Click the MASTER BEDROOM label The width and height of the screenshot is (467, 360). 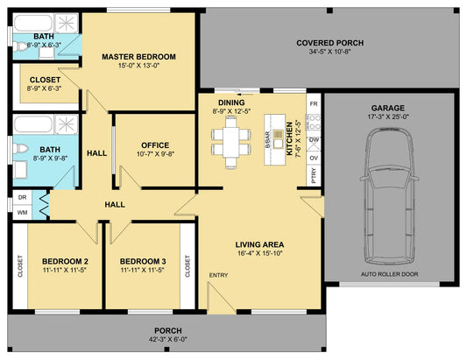point(138,57)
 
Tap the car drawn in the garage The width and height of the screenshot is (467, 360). point(389,196)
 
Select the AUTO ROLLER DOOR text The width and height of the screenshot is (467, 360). point(389,274)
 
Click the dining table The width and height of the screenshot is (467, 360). point(230,142)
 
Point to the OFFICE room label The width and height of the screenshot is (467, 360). point(155,145)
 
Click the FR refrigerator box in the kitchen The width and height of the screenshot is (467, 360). point(314,104)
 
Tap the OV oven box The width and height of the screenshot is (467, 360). point(314,158)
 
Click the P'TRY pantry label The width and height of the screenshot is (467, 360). point(314,175)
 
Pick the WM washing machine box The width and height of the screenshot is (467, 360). point(22,212)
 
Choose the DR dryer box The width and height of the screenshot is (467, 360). point(22,197)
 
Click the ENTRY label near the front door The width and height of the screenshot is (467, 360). point(219,275)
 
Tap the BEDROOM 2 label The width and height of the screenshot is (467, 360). point(65,261)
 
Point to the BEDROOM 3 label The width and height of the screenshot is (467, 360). point(143,261)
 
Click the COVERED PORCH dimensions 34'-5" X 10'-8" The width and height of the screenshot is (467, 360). point(329,52)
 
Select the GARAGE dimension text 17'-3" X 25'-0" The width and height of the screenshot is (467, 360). point(388,116)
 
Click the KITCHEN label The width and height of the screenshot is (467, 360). point(289,138)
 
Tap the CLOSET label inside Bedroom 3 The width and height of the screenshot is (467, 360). point(188,266)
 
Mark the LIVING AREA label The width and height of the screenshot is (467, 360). point(259,244)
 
